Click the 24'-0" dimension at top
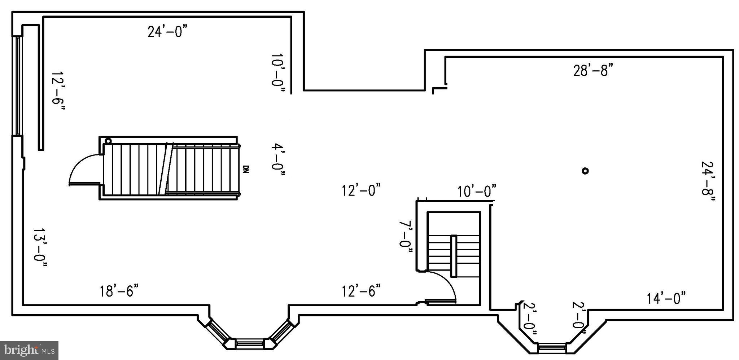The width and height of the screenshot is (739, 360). pyautogui.click(x=168, y=32)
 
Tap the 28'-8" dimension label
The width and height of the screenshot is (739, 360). pyautogui.click(x=593, y=70)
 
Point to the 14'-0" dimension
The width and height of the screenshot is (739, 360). pyautogui.click(x=666, y=299)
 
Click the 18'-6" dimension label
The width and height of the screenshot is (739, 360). pyautogui.click(x=119, y=291)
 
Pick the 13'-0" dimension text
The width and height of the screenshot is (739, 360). pyautogui.click(x=40, y=248)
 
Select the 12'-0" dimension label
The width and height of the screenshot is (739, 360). pyautogui.click(x=361, y=190)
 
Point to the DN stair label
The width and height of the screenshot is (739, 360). pyautogui.click(x=246, y=169)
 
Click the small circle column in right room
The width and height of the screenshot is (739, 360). pyautogui.click(x=585, y=171)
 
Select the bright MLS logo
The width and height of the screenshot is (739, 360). pyautogui.click(x=29, y=350)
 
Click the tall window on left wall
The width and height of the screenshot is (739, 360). pyautogui.click(x=18, y=86)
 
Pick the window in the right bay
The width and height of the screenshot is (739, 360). pyautogui.click(x=552, y=348)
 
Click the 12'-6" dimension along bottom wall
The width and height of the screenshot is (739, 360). pyautogui.click(x=361, y=291)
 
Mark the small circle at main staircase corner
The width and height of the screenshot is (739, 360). pyautogui.click(x=108, y=141)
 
